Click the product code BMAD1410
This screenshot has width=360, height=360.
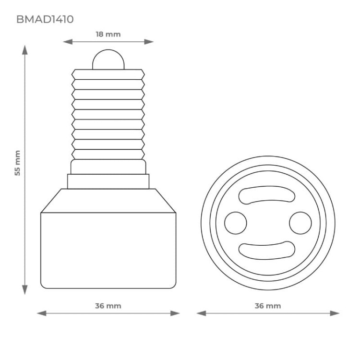click(x=45, y=20)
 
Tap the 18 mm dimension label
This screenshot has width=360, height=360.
click(x=108, y=34)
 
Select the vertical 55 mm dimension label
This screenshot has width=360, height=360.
click(x=17, y=163)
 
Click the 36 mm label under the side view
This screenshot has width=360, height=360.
click(x=108, y=306)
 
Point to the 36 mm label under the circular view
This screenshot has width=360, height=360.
click(x=267, y=306)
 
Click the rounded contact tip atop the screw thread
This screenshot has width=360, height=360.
click(x=108, y=60)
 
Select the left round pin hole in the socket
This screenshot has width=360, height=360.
click(x=236, y=223)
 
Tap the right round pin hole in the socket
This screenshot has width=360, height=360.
click(x=300, y=223)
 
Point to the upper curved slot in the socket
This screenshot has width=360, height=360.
click(x=267, y=196)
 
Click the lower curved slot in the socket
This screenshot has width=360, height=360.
click(x=267, y=250)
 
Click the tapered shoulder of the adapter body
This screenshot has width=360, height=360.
click(x=108, y=201)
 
